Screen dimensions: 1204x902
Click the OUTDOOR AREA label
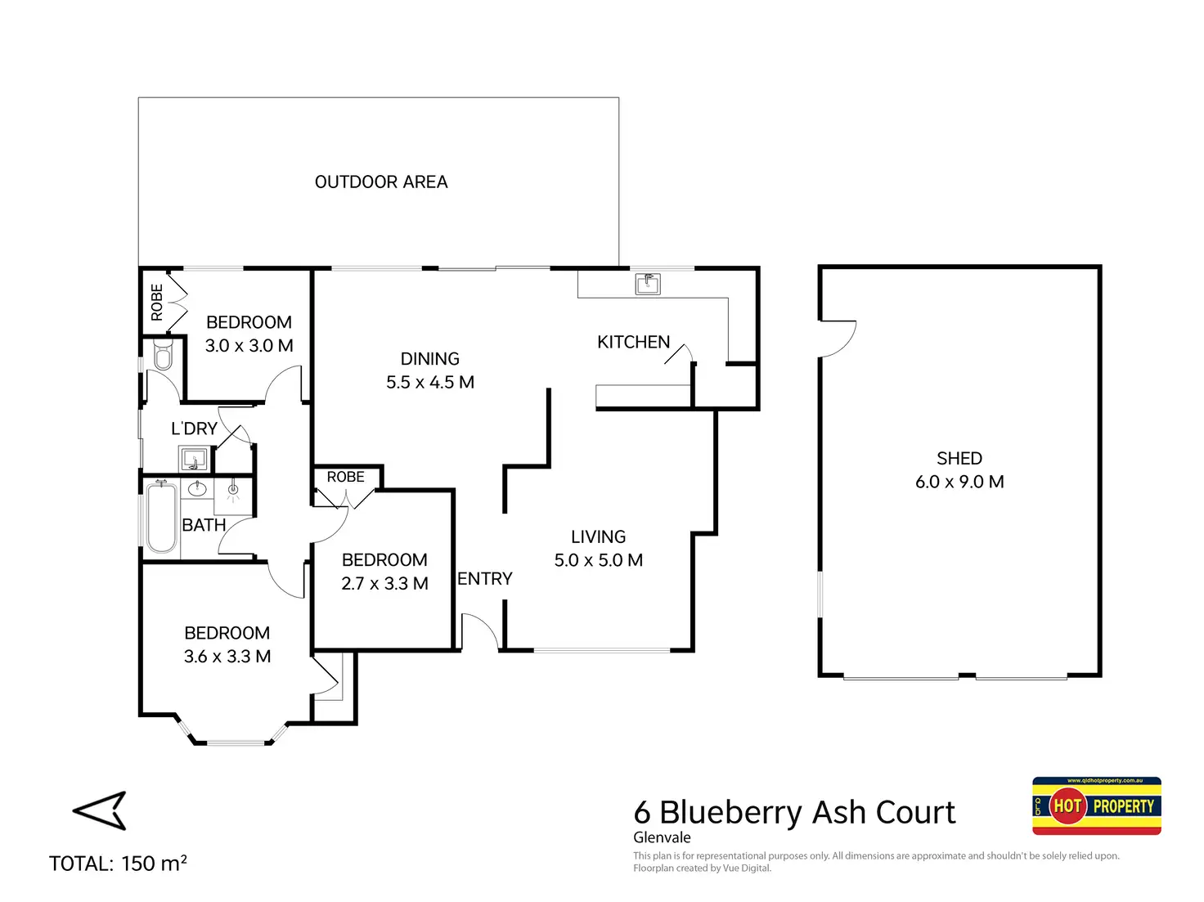pyautogui.click(x=380, y=182)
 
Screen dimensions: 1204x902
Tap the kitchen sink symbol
pyautogui.click(x=647, y=284)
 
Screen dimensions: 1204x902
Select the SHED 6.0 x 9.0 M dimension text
pyautogui.click(x=959, y=482)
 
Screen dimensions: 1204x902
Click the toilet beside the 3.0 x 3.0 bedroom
pyautogui.click(x=163, y=354)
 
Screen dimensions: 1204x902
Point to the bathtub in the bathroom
pyautogui.click(x=161, y=517)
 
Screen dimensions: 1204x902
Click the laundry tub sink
pyautogui.click(x=194, y=459)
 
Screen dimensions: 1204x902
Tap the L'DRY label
pyautogui.click(x=194, y=429)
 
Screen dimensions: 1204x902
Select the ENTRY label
pyautogui.click(x=484, y=578)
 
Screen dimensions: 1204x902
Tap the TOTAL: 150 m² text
pyautogui.click(x=118, y=863)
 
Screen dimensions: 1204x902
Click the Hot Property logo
pyautogui.click(x=1096, y=806)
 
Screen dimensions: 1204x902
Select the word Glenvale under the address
pyautogui.click(x=662, y=837)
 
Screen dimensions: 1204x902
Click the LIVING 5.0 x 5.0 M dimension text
pyautogui.click(x=598, y=560)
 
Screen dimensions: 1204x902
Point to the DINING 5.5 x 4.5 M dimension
pyautogui.click(x=429, y=382)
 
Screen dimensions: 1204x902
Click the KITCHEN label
pyautogui.click(x=633, y=342)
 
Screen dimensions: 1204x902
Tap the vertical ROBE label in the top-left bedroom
pyautogui.click(x=157, y=302)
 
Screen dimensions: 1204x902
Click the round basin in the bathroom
pyautogui.click(x=197, y=488)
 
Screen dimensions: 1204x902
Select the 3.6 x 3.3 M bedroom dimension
pyautogui.click(x=227, y=657)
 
